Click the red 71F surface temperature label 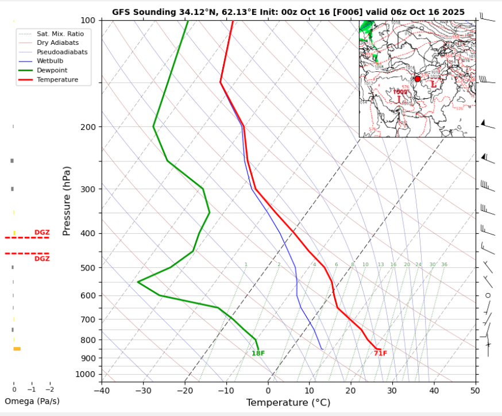point(380,353)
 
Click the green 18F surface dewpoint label point(258,353)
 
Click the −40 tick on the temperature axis point(101,391)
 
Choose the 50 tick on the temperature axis point(474,391)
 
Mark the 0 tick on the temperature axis point(268,391)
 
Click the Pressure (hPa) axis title point(67,201)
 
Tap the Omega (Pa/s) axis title point(32,401)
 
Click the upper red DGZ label point(42,233)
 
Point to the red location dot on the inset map point(418,79)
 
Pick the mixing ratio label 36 point(444,264)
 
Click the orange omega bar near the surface point(17,349)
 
